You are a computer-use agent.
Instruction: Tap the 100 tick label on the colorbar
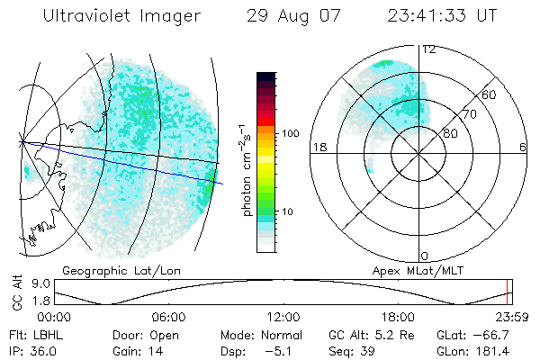pos(290,133)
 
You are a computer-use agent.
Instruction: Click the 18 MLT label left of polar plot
pos(318,147)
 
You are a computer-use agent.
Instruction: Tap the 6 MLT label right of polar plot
pos(523,147)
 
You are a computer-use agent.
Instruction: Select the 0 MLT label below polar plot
pos(426,256)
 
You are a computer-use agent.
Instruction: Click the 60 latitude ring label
pos(490,94)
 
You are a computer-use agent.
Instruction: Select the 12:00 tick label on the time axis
pos(283,317)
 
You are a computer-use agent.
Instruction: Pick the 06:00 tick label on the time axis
pos(168,317)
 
